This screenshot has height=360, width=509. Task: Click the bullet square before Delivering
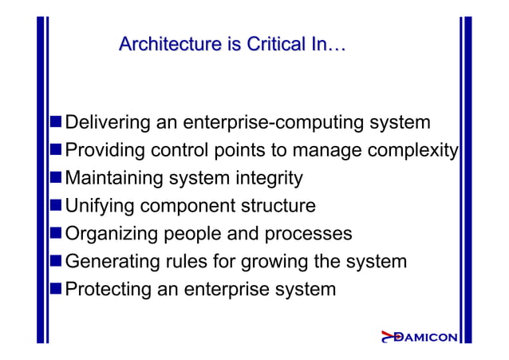[56, 123]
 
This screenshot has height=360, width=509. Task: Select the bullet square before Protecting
[56, 287]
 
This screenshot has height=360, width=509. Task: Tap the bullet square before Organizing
[56, 233]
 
